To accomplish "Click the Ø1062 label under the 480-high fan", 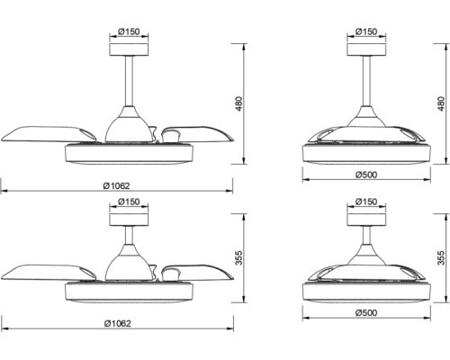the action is point(116,186).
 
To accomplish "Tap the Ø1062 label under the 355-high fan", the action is point(118,323).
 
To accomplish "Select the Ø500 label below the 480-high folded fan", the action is point(366,175).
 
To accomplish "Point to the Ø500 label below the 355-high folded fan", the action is point(366,312).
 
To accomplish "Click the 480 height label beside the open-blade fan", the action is point(238,103).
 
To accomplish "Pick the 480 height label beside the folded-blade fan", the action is point(441,103).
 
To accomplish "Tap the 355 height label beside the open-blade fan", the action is point(238,258).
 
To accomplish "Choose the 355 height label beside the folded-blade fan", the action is point(441,258).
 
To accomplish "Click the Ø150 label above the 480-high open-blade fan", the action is point(129,31).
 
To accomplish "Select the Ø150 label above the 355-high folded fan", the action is point(366,202).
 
